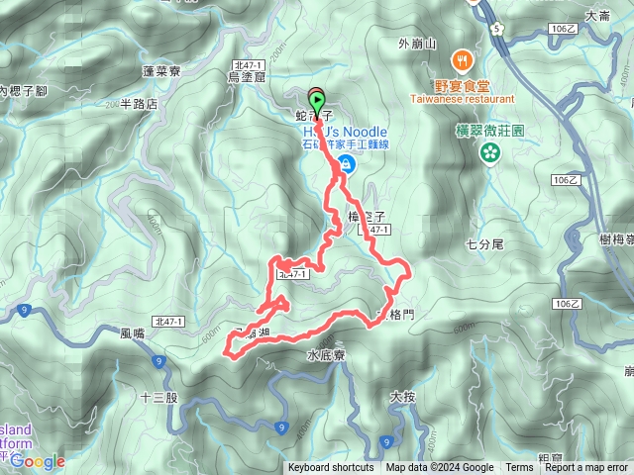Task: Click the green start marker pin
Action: click(317, 99)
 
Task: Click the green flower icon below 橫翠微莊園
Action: click(489, 151)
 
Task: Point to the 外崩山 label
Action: click(416, 44)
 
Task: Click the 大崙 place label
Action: click(597, 16)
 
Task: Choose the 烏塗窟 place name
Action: click(247, 76)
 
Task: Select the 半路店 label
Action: click(139, 103)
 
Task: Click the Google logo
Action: click(38, 461)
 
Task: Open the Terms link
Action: click(518, 468)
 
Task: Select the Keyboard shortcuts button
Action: click(331, 468)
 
